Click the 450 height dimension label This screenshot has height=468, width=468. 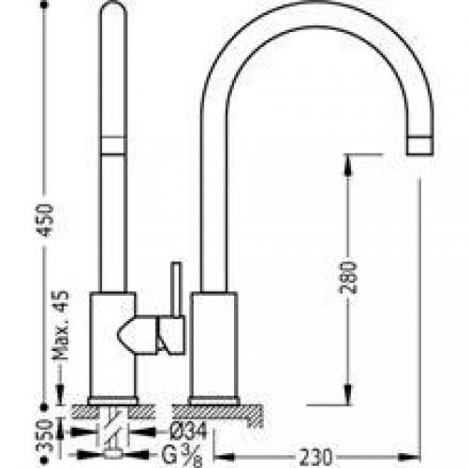point(45,220)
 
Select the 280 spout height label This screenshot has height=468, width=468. point(348,278)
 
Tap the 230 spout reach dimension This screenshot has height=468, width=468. point(315,458)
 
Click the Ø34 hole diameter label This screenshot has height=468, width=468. point(188,431)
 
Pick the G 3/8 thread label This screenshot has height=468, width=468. point(182,456)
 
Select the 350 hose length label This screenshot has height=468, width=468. point(44,436)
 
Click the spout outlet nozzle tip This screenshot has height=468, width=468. point(420,146)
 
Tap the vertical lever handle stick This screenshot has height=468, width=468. point(176,289)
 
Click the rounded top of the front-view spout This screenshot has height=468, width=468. point(113,7)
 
